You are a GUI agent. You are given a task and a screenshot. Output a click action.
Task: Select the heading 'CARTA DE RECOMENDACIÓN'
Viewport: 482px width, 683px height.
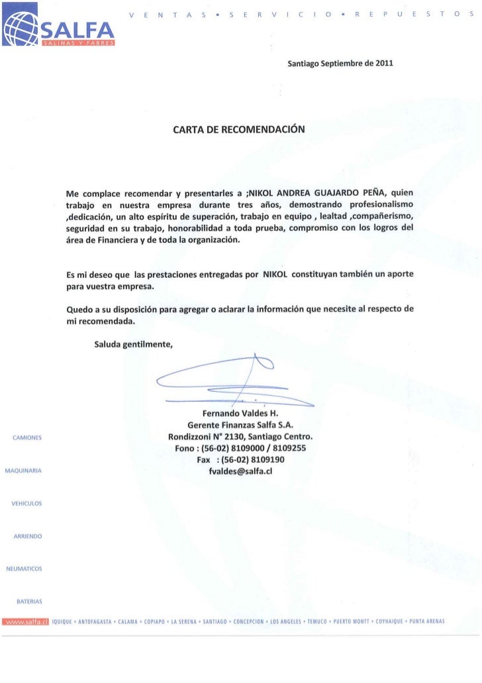pos(239,129)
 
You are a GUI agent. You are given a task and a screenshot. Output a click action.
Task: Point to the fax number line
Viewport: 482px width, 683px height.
pos(240,460)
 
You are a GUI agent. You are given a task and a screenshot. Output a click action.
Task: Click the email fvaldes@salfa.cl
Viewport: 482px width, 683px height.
pos(240,471)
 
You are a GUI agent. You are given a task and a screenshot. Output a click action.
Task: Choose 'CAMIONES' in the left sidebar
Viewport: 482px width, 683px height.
pos(27,438)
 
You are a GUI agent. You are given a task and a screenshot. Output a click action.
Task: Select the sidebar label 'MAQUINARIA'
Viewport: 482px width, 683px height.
pos(24,471)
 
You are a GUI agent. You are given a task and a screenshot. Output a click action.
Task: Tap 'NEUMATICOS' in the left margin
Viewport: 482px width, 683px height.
pos(24,568)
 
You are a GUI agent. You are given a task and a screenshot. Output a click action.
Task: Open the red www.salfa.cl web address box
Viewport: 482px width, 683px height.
pos(25,621)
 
